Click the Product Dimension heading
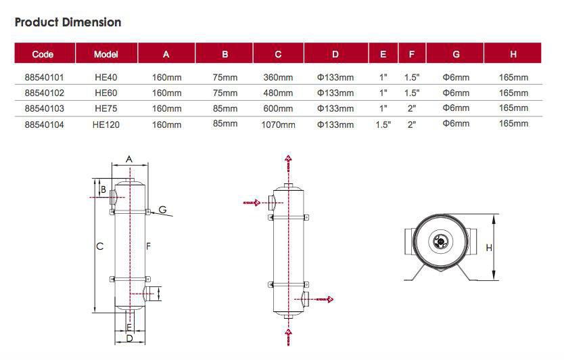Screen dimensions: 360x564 coord(68,22)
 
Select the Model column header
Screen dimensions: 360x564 coord(106,54)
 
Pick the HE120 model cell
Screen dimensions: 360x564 coord(106,125)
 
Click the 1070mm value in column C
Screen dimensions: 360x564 coord(278,125)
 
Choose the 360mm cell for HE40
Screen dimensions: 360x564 coord(278,77)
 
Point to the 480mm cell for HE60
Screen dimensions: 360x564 coord(278,93)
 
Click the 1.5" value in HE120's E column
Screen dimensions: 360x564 coord(383,125)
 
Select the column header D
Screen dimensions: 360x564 coord(335,54)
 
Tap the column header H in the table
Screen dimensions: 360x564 coord(513,54)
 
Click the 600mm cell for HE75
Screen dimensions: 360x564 coord(278,108)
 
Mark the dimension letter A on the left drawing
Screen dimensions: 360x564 coord(129,159)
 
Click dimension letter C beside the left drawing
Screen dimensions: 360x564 coord(99,246)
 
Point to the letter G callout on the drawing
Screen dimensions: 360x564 coord(163,210)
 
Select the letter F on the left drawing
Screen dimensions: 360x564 coord(147,246)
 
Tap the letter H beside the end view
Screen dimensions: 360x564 coord(489,248)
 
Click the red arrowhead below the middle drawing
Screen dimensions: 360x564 coord(289,332)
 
